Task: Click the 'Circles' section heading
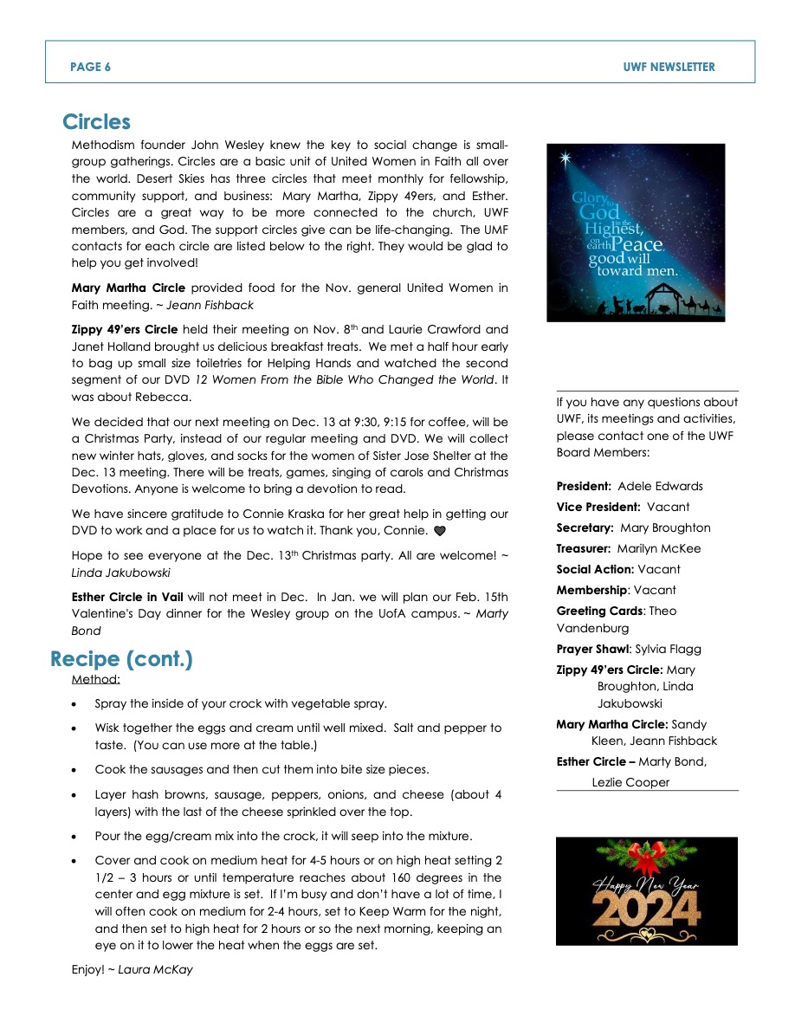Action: click(96, 122)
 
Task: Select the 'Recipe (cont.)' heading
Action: click(121, 659)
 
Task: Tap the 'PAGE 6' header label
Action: click(90, 67)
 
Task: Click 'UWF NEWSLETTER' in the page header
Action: click(669, 67)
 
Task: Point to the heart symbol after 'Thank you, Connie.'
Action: click(439, 530)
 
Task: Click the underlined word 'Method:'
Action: click(95, 679)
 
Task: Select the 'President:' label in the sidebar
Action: click(585, 486)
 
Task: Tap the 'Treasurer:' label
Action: click(585, 548)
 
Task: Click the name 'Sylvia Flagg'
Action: click(668, 649)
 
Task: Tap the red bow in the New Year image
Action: click(644, 857)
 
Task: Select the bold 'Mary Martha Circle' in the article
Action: click(128, 288)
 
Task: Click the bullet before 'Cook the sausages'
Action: click(79, 770)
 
